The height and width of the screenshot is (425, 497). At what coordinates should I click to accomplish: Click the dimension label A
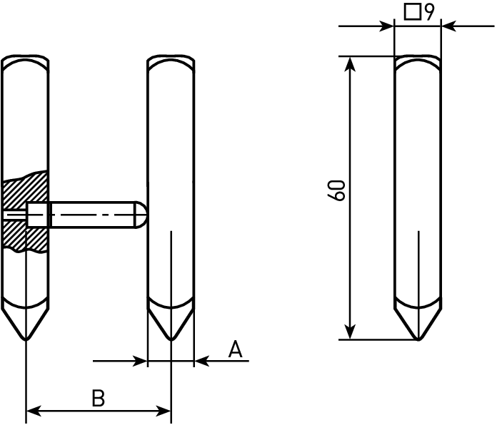(236, 349)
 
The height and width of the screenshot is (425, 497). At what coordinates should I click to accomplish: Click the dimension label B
(99, 398)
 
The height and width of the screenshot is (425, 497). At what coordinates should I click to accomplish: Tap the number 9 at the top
(429, 12)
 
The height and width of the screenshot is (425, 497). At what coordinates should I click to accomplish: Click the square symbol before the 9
(413, 12)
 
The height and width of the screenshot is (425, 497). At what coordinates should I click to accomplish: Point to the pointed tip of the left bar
(26, 339)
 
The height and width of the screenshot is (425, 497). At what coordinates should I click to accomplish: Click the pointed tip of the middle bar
(171, 339)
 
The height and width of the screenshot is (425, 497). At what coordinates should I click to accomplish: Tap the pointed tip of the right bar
(418, 339)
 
